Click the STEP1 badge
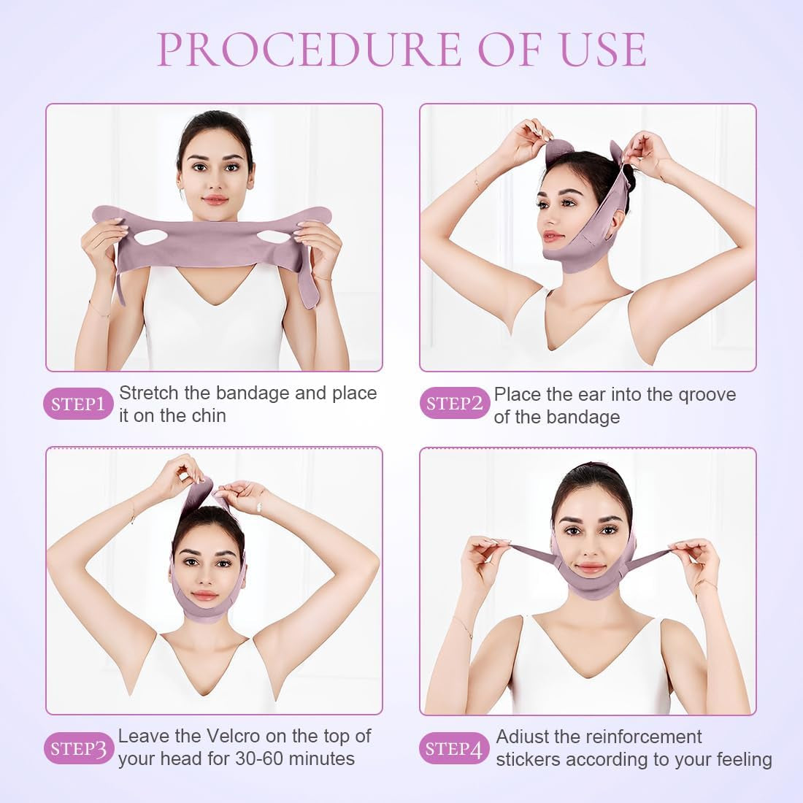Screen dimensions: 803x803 coord(78,404)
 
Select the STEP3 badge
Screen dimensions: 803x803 coord(78,748)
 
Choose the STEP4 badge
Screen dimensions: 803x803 coord(454,748)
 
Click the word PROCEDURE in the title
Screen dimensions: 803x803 coord(310,49)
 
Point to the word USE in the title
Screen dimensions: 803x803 coord(604,49)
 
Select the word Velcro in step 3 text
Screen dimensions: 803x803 coord(233,737)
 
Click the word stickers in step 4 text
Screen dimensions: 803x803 coord(528,759)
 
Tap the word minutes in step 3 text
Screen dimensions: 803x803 coord(322,759)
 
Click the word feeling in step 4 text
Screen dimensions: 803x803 coord(744,760)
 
